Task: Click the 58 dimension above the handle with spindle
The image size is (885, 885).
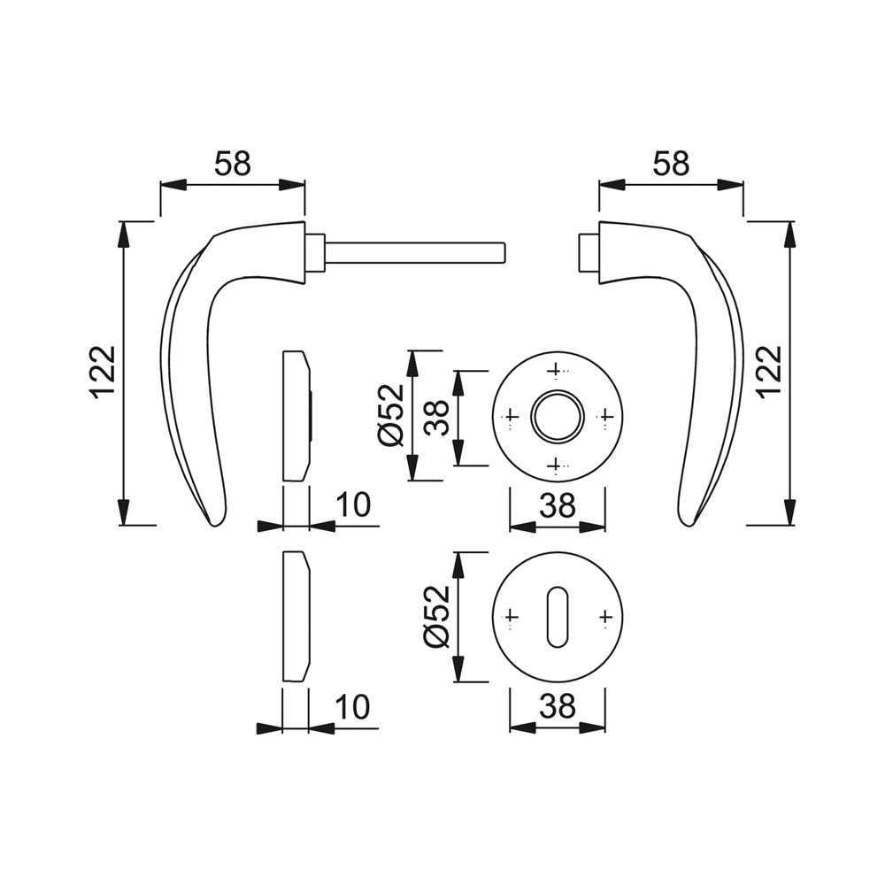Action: pyautogui.click(x=233, y=164)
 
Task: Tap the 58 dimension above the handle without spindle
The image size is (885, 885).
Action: pyautogui.click(x=671, y=164)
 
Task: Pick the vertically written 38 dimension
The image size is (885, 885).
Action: pyautogui.click(x=435, y=416)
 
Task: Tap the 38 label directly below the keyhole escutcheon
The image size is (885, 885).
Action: pyautogui.click(x=558, y=705)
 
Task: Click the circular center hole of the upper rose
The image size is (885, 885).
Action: pyautogui.click(x=558, y=416)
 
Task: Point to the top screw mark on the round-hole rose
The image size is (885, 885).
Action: pyautogui.click(x=555, y=368)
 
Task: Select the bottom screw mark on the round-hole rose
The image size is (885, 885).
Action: pyautogui.click(x=555, y=464)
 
